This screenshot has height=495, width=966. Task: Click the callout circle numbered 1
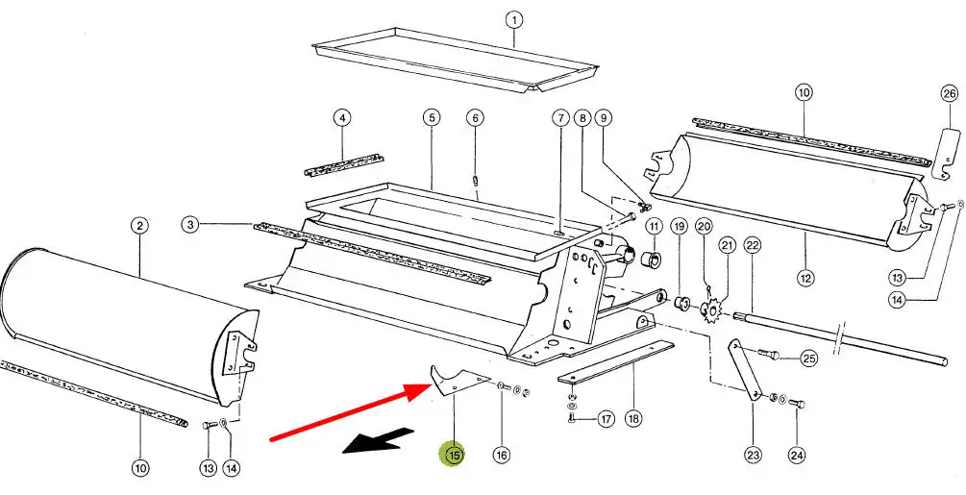pos(514,19)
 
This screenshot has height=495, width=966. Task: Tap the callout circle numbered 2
pos(140,226)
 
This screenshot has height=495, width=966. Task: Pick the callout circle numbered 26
pos(950,93)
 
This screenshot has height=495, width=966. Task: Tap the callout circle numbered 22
pos(752,246)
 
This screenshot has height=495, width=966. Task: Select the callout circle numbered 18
pos(633,419)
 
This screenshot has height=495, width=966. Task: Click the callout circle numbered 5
pos(432,118)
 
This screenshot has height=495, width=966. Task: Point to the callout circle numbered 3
pos(191,225)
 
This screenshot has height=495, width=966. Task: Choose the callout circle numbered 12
pos(805,278)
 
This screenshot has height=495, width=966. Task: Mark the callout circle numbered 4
pos(341,118)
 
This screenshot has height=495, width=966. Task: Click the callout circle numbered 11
pos(654,227)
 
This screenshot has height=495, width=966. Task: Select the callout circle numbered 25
pos(809,359)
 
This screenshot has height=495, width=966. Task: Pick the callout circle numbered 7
pos(560,118)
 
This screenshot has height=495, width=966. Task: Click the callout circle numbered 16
pos(501,455)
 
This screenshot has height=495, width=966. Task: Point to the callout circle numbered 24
pos(796,455)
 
